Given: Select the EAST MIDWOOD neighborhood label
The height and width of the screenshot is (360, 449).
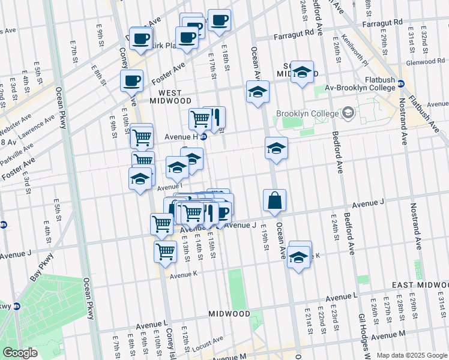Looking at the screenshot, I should pyautogui.click(x=420, y=284).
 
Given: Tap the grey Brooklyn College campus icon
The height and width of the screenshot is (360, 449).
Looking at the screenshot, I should pyautogui.click(x=348, y=113).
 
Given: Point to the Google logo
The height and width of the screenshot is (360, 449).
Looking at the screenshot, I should pyautogui.click(x=20, y=353).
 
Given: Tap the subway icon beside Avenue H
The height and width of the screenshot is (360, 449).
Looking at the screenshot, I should pyautogui.click(x=203, y=137).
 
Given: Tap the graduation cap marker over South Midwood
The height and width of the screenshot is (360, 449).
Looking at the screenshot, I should pyautogui.click(x=302, y=72).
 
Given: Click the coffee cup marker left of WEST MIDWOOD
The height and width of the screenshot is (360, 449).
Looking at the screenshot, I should pyautogui.click(x=131, y=80).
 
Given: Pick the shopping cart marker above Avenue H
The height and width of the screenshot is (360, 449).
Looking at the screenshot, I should pyautogui.click(x=199, y=118).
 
